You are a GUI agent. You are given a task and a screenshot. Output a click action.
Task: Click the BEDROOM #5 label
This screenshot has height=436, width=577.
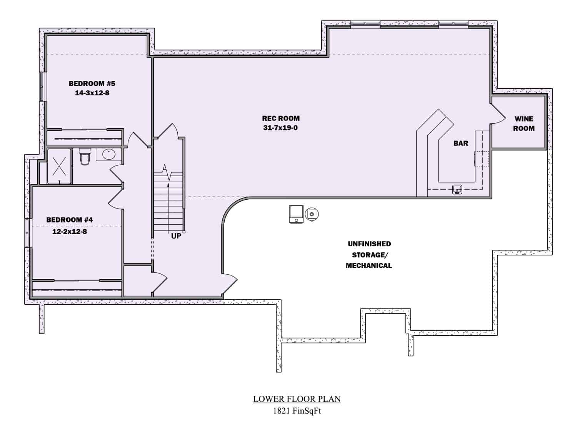[x=92, y=83]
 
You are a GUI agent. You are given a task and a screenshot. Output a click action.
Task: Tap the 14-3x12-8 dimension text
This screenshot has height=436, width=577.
[x=92, y=93]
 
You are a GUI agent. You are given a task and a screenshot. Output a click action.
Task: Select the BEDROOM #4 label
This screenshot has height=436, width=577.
[x=70, y=220]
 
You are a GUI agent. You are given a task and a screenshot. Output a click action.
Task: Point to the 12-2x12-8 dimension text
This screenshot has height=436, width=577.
[x=70, y=232]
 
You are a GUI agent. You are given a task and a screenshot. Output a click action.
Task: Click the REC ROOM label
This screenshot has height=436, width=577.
[x=281, y=118]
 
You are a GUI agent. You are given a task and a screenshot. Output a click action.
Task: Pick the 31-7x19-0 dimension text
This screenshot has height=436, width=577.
[x=280, y=128]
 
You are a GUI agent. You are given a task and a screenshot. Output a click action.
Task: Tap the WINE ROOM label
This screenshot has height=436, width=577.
[x=524, y=124]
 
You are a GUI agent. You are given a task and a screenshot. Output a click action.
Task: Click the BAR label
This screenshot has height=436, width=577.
[x=461, y=143]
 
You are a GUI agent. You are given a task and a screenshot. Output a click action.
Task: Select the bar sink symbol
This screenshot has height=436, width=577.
[x=457, y=189]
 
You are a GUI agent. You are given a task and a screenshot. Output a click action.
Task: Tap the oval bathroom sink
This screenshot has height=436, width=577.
[x=109, y=154]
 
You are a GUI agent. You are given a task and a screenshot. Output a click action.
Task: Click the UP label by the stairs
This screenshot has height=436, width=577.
[x=176, y=236]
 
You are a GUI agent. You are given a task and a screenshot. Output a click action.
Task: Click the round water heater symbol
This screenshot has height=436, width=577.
[x=312, y=214]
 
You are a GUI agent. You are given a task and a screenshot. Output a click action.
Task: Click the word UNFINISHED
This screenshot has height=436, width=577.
[x=369, y=244]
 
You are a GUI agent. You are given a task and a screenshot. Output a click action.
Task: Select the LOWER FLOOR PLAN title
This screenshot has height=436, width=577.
[x=297, y=399]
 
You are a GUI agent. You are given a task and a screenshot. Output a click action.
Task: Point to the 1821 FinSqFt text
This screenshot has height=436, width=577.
[x=297, y=411]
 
